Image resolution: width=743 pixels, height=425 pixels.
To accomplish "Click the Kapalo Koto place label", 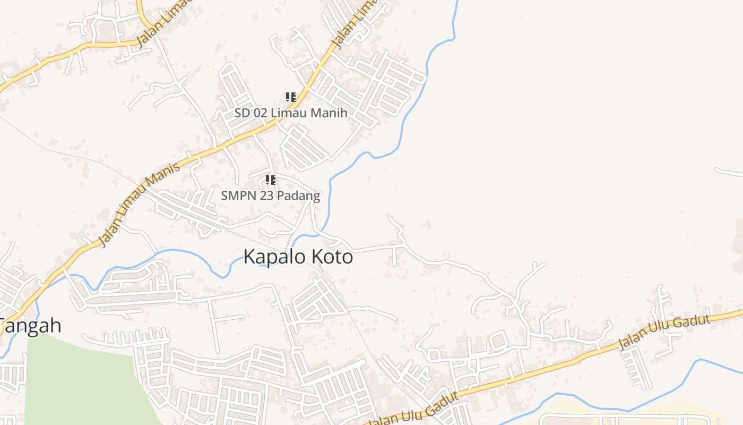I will (x=298, y=257).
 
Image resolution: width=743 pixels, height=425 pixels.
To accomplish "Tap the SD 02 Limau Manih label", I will (x=291, y=113).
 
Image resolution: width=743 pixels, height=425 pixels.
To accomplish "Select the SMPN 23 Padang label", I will (x=270, y=196).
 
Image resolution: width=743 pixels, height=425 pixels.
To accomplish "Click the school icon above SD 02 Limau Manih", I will (x=290, y=97).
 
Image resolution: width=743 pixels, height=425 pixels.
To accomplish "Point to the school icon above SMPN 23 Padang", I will (x=271, y=180).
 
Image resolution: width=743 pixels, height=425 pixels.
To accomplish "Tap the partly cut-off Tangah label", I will (x=31, y=326).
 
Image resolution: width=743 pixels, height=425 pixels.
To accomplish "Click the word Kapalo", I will (x=274, y=258).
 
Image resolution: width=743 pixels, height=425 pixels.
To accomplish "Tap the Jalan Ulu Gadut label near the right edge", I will (x=664, y=333).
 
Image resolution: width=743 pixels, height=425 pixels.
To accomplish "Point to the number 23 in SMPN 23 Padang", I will (x=263, y=196).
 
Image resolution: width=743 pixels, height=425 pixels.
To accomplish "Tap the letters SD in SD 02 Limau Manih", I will (x=241, y=113).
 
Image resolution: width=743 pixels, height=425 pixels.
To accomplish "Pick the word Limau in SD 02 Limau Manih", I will (x=289, y=113).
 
